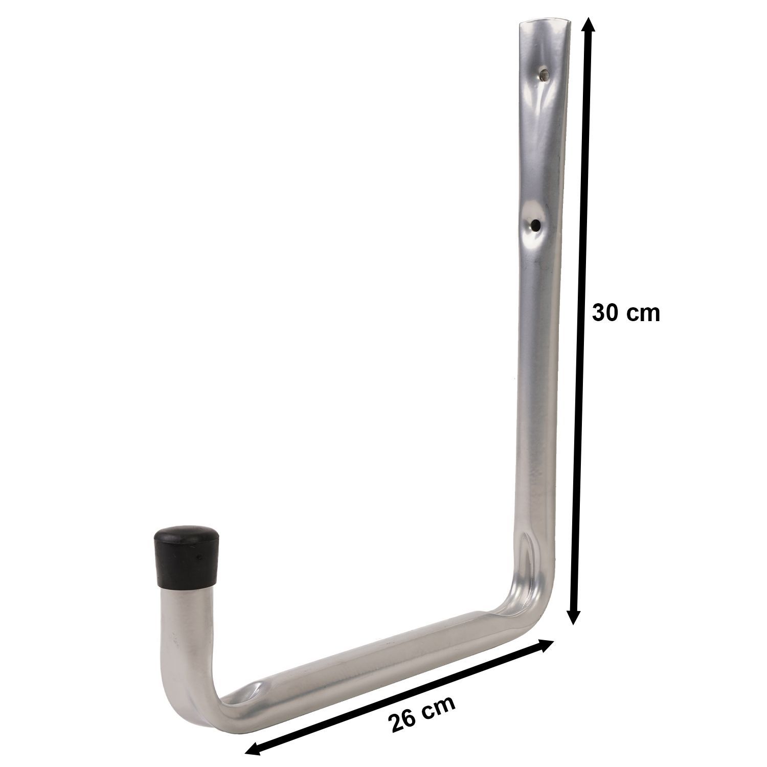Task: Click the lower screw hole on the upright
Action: click(535, 224)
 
